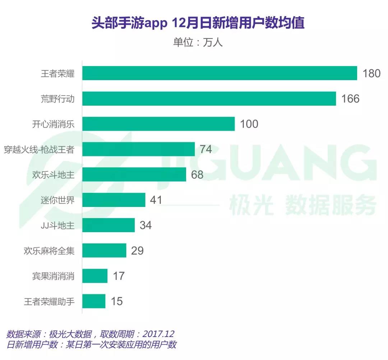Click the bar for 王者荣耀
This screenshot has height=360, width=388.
[x=220, y=73]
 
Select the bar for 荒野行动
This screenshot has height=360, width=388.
[x=209, y=98]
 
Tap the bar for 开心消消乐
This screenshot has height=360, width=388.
[x=158, y=124]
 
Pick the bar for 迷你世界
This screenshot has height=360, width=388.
[x=114, y=200]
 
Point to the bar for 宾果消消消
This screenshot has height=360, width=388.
[x=95, y=276]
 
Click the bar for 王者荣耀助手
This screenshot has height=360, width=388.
[x=94, y=301]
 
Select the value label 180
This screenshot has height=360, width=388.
[x=371, y=73]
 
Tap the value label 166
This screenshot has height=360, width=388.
[x=350, y=98]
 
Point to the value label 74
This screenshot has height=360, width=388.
[x=206, y=149]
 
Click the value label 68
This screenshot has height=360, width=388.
[x=197, y=175]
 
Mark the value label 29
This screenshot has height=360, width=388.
[x=137, y=250]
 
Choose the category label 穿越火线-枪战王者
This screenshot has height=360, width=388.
[x=39, y=149]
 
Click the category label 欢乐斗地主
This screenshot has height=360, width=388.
[x=53, y=175]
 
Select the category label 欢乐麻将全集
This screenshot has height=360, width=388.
[x=49, y=251]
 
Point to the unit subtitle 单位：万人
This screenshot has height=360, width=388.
[x=198, y=42]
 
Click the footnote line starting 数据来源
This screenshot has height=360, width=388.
[x=91, y=334]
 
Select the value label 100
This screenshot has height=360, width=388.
[x=249, y=124]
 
